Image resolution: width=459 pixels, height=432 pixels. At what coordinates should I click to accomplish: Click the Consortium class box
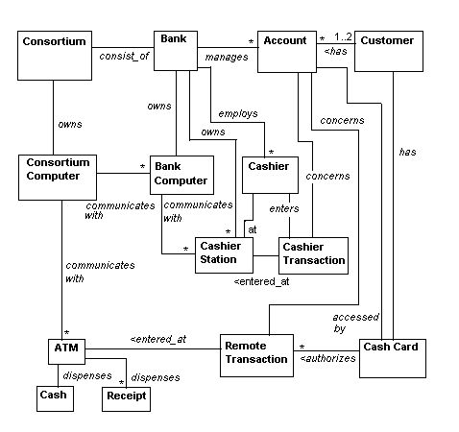(x=55, y=56)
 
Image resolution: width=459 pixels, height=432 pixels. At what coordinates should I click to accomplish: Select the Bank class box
(x=176, y=51)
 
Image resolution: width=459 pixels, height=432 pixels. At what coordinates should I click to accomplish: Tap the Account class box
(x=287, y=52)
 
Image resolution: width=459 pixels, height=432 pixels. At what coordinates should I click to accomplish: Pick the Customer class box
(x=389, y=51)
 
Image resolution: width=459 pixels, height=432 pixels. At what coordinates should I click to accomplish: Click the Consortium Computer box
(x=58, y=178)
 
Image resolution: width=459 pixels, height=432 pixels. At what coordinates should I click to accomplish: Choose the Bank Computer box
(x=181, y=175)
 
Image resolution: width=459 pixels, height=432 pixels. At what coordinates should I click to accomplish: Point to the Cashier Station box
(x=224, y=255)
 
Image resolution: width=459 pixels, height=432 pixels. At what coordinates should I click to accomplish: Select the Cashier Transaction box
(x=313, y=255)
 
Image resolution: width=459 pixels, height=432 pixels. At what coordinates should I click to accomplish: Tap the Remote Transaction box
(x=256, y=355)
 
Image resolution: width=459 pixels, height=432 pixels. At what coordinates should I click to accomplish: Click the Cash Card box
(x=393, y=358)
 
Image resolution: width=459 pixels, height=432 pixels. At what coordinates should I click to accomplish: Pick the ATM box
(x=66, y=351)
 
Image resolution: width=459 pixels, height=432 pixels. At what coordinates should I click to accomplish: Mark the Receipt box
(x=126, y=399)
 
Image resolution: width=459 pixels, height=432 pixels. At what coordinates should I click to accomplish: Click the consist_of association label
(x=124, y=56)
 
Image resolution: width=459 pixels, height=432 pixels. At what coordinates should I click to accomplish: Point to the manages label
(x=227, y=57)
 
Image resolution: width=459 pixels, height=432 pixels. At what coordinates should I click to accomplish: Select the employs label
(x=238, y=113)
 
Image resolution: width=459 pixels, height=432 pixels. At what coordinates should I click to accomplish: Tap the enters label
(x=284, y=208)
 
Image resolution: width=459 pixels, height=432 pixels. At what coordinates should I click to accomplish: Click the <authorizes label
(x=327, y=358)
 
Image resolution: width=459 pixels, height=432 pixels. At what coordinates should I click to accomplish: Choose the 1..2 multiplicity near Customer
(x=343, y=36)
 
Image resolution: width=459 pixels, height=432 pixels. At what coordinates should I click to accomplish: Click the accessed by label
(x=355, y=323)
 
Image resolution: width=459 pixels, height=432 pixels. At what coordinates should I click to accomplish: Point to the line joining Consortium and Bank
(x=123, y=48)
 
